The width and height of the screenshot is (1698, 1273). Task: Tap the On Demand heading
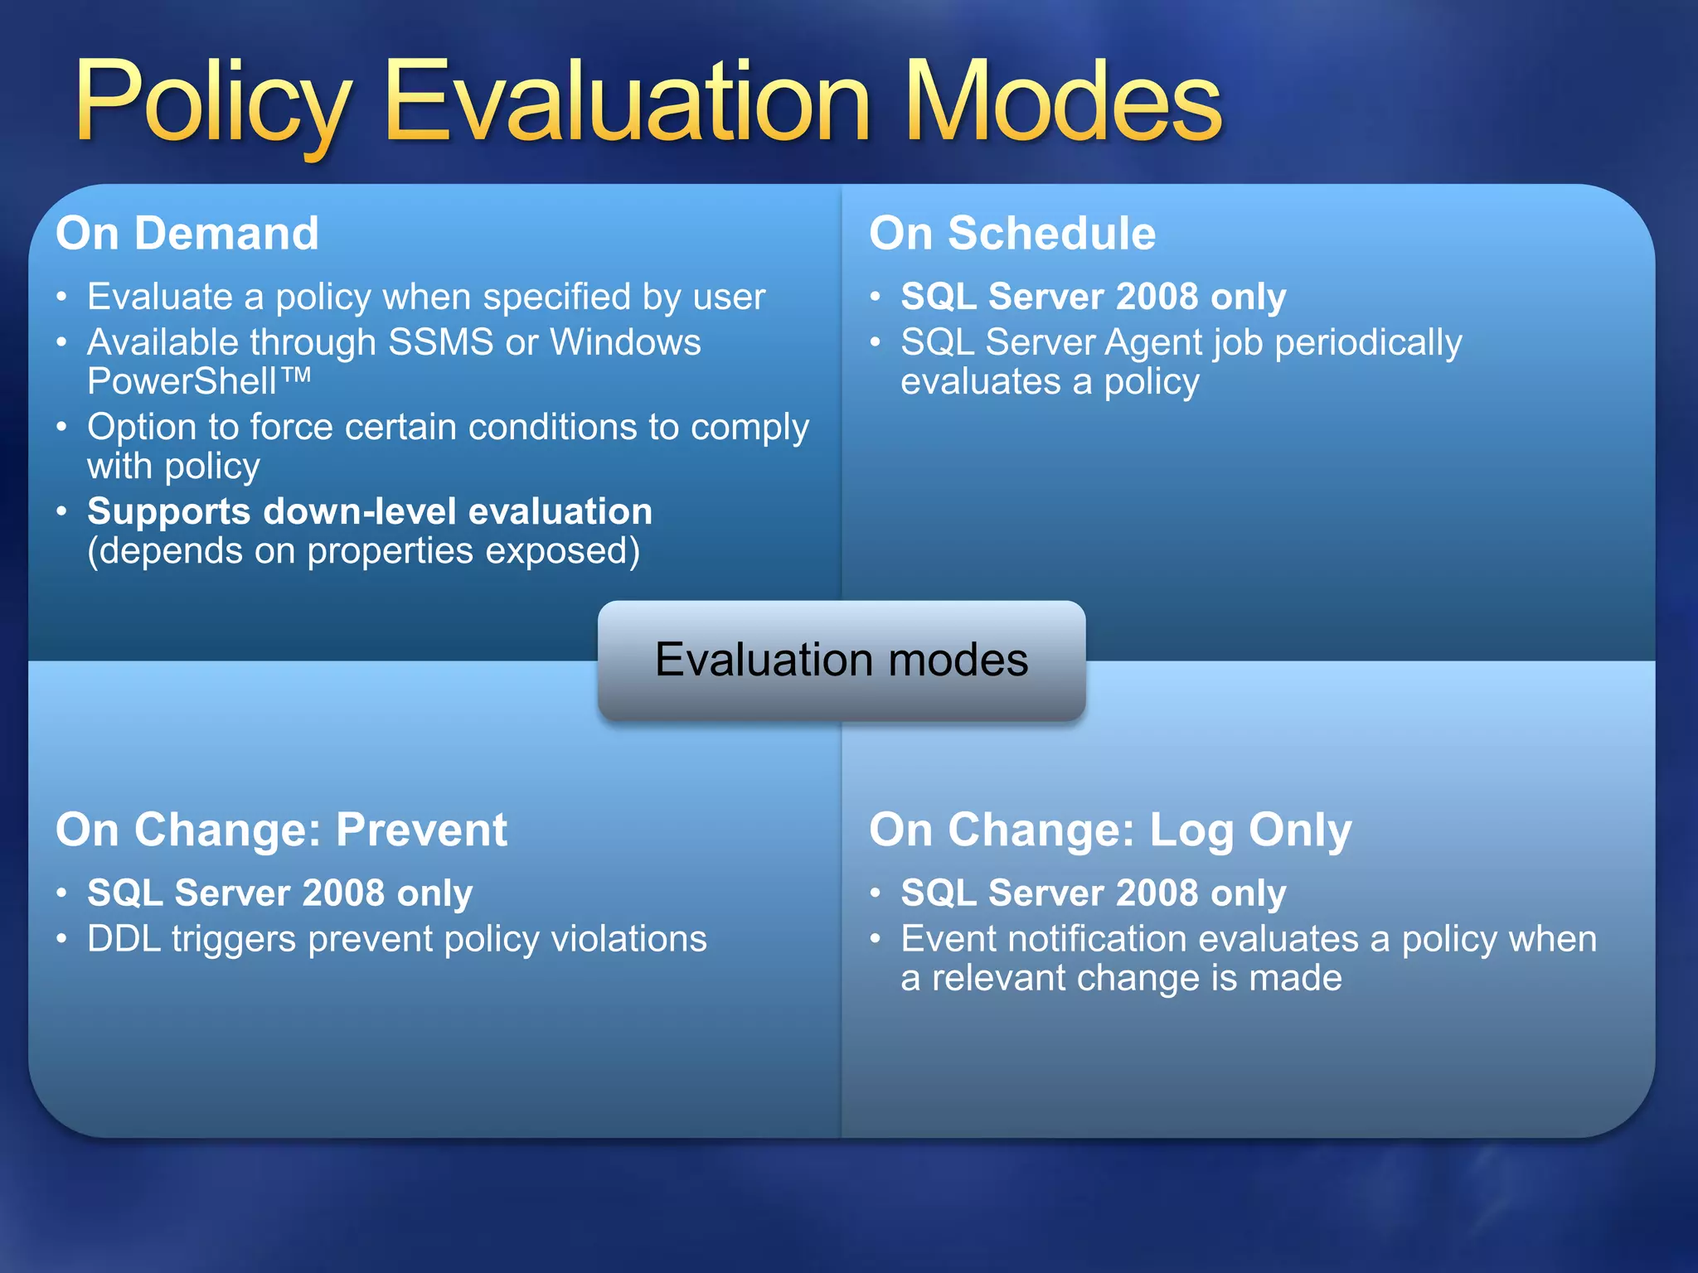(187, 233)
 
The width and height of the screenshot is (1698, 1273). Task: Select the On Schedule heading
(1012, 233)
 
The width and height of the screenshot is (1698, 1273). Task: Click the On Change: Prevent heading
(281, 830)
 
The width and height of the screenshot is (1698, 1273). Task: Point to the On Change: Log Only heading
(1110, 830)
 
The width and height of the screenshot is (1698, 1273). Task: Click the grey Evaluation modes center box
(842, 661)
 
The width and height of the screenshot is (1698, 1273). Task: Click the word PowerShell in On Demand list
(182, 382)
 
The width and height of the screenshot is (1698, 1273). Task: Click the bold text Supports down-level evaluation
(370, 511)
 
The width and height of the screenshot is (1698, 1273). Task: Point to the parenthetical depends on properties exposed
(363, 551)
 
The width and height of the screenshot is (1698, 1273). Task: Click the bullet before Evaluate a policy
(61, 298)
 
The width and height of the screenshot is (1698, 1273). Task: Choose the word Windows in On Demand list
(625, 342)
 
